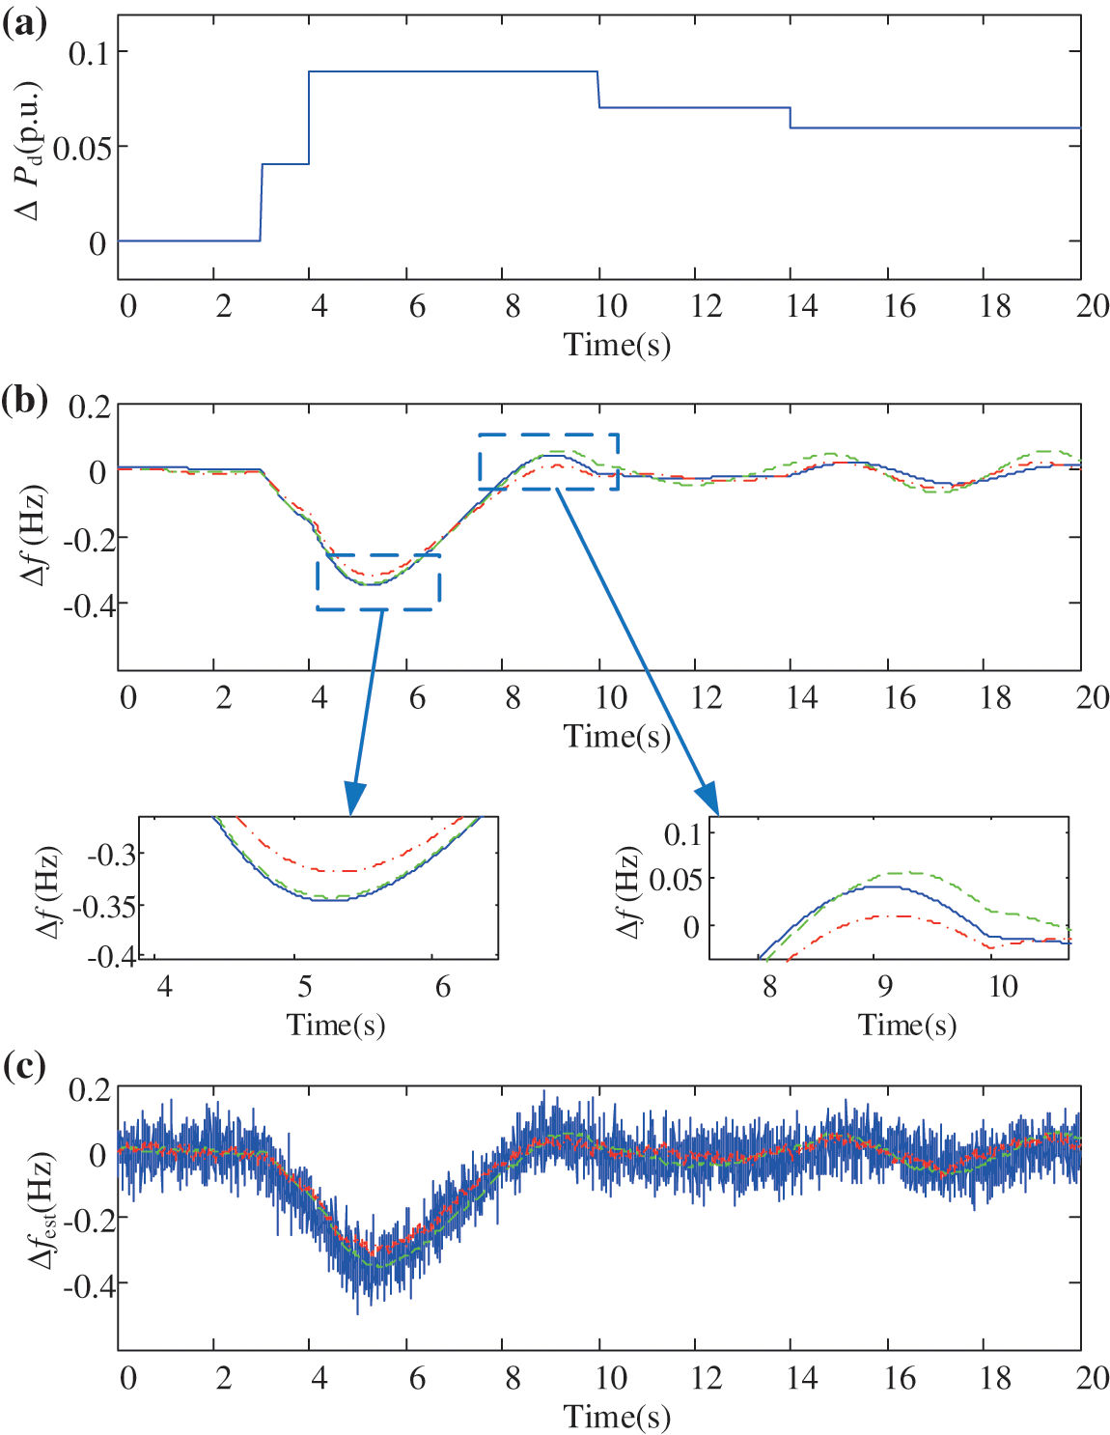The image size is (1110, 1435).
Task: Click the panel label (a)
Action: pyautogui.click(x=24, y=22)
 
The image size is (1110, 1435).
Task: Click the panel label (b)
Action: pyautogui.click(x=25, y=399)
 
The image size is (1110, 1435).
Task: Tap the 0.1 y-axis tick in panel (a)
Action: pyautogui.click(x=89, y=52)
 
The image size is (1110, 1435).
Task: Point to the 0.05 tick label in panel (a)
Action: pyautogui.click(x=81, y=148)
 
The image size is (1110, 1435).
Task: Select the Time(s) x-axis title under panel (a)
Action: pyautogui.click(x=617, y=345)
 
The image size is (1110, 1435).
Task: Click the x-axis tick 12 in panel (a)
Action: pyautogui.click(x=706, y=307)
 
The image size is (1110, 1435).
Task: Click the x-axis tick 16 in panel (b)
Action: pyautogui.click(x=899, y=697)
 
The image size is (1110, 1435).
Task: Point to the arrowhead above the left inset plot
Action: pyautogui.click(x=354, y=800)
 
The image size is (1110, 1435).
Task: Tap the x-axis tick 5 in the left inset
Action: pyautogui.click(x=305, y=986)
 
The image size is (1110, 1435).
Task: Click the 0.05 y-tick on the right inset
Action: pyautogui.click(x=676, y=880)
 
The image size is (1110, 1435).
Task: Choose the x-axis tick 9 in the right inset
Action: pyautogui.click(x=885, y=986)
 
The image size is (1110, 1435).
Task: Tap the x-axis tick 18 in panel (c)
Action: pyautogui.click(x=995, y=1377)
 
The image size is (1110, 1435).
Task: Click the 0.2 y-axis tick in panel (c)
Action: pyautogui.click(x=89, y=1090)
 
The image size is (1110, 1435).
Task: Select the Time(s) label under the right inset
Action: pyautogui.click(x=907, y=1025)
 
